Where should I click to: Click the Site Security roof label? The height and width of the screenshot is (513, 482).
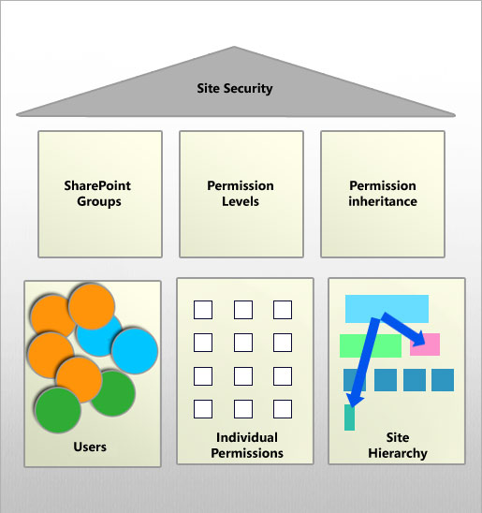pyautogui.click(x=235, y=89)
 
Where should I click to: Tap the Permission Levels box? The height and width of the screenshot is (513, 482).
pyautogui.click(x=241, y=193)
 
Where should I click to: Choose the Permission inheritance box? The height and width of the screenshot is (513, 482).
pyautogui.click(x=383, y=193)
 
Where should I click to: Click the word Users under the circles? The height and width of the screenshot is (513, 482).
pyautogui.click(x=90, y=447)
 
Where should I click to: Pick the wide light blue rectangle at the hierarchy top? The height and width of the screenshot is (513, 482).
pyautogui.click(x=387, y=308)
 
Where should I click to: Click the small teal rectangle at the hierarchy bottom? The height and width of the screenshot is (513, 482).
pyautogui.click(x=350, y=418)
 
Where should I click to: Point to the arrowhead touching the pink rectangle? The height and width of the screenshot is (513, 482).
pyautogui.click(x=421, y=341)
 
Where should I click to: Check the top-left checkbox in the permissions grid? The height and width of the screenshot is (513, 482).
pyautogui.click(x=203, y=310)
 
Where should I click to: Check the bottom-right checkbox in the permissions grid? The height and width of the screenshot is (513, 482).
pyautogui.click(x=283, y=409)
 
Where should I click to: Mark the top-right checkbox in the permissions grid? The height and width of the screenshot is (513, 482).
pyautogui.click(x=283, y=310)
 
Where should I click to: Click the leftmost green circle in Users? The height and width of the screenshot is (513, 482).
pyautogui.click(x=56, y=409)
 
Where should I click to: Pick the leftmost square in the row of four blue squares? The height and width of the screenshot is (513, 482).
pyautogui.click(x=355, y=380)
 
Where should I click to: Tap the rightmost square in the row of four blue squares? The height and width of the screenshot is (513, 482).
pyautogui.click(x=443, y=380)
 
